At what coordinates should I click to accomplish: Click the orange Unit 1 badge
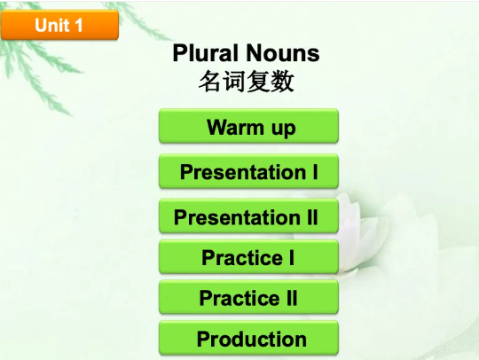[x=59, y=26]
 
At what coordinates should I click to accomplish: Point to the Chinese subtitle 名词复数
[x=246, y=82]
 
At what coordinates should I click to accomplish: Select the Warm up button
[x=249, y=127]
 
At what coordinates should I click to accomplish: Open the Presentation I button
[x=249, y=171]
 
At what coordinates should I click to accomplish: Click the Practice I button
[x=249, y=258]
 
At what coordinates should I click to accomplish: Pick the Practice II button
[x=249, y=298]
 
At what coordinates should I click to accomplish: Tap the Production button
[x=249, y=339]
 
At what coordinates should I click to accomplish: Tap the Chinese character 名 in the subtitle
[x=210, y=82]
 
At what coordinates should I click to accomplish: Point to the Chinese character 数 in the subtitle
[x=282, y=82]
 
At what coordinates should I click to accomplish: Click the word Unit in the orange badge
[x=51, y=26]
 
